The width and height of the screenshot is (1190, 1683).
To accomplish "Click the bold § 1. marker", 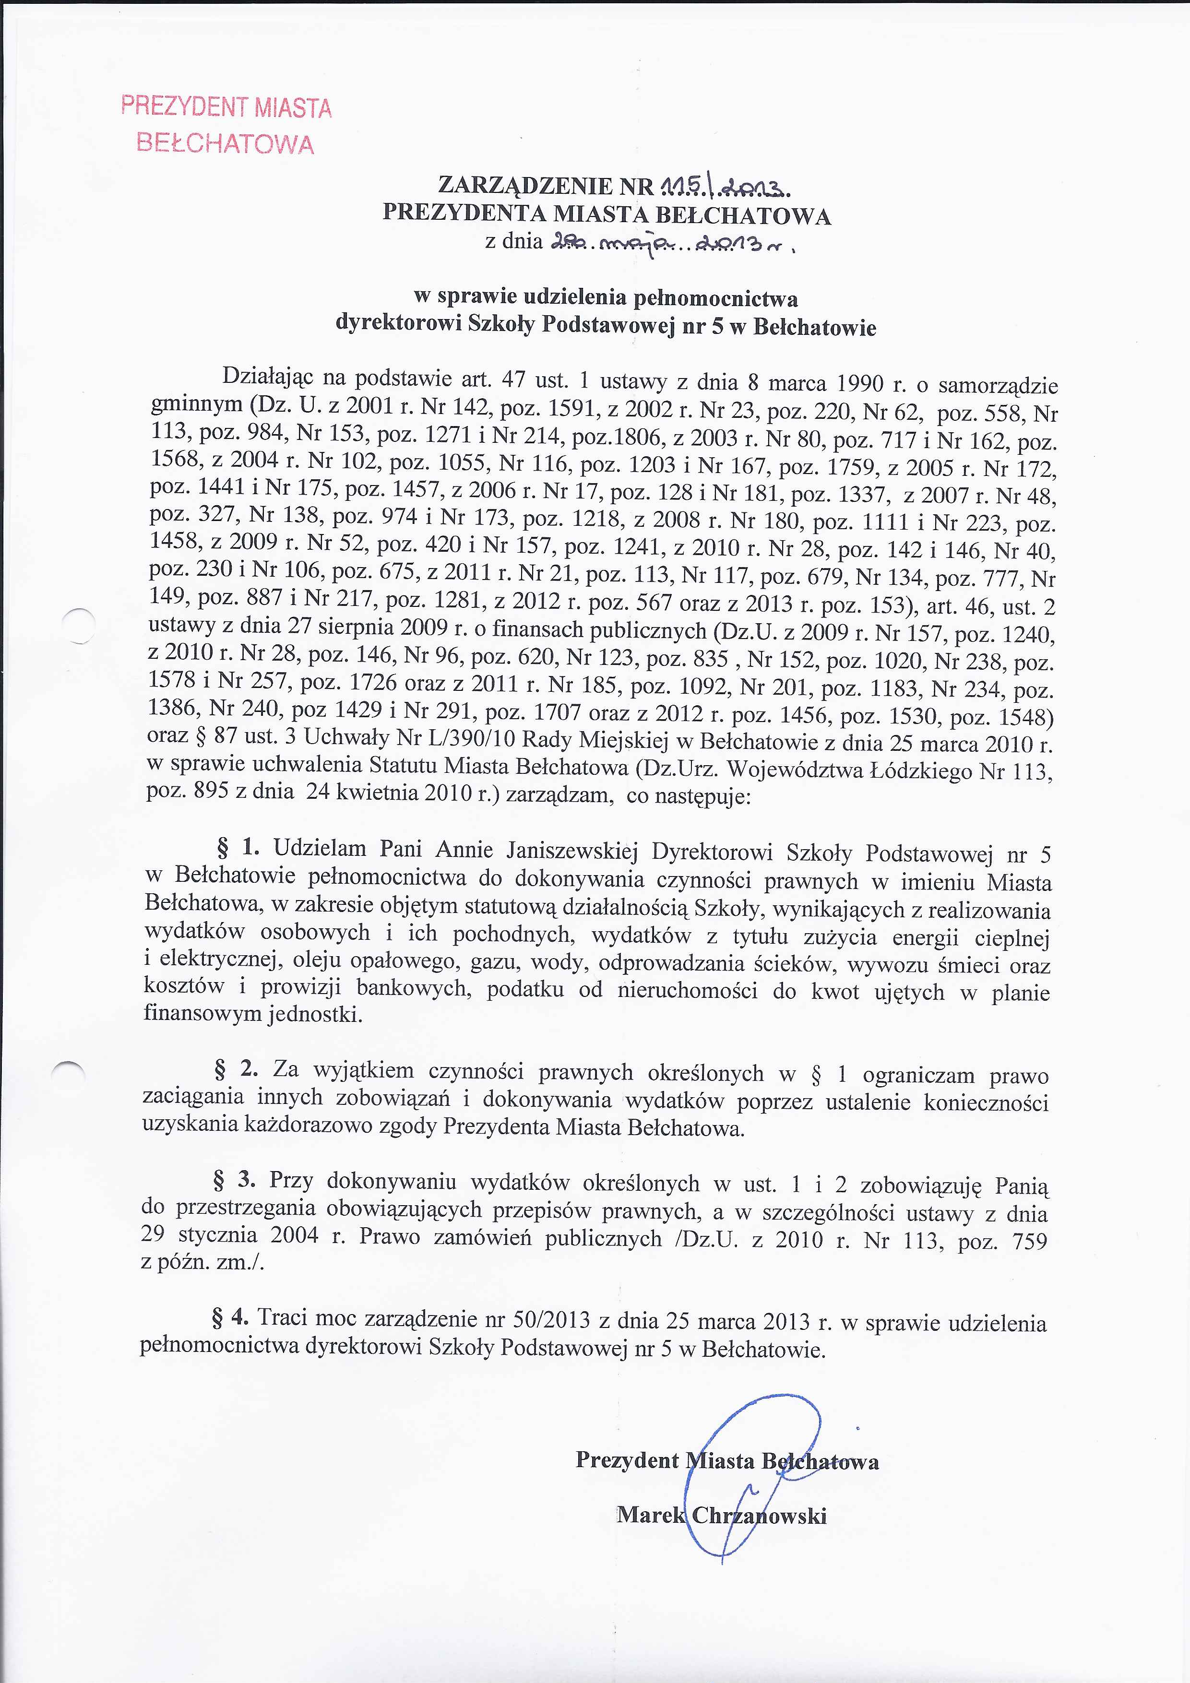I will (239, 848).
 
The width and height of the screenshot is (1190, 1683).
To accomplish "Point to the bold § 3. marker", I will (234, 1179).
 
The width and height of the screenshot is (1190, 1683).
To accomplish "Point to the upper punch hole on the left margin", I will (78, 627).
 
